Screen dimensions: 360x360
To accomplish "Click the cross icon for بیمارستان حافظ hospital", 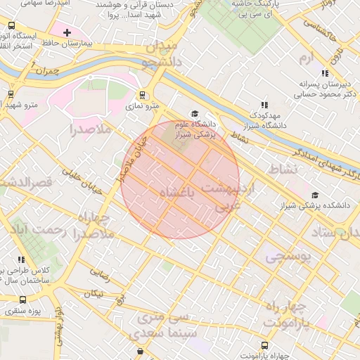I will point(67,33).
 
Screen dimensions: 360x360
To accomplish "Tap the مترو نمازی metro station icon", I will point(143,95).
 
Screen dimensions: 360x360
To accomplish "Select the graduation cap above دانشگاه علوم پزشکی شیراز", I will point(195,114).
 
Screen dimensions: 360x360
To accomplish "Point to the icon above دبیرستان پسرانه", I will point(324,72).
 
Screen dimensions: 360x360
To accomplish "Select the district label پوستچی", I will point(288,258).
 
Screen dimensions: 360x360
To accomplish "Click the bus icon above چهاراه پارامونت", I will point(264,345).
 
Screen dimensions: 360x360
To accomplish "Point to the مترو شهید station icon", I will point(11,94).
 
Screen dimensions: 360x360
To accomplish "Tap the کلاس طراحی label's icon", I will point(20,260).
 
